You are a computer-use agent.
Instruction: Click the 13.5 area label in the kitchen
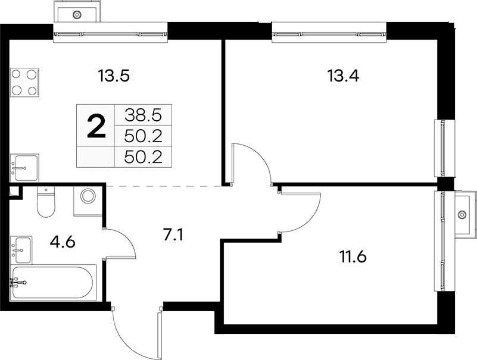point(114,76)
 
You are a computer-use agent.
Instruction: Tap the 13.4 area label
point(343,76)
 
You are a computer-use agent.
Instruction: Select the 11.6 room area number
point(353,257)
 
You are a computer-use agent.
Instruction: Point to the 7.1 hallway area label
point(173,235)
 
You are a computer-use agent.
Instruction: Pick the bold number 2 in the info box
point(96,128)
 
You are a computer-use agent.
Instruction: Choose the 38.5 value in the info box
point(143,115)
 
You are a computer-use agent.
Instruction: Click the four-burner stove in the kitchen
point(24,83)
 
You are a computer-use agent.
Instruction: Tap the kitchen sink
point(24,168)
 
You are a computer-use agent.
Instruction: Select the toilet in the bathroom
point(46,202)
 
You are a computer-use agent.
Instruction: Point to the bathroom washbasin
point(21,250)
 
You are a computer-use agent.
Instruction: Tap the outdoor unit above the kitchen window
point(77,11)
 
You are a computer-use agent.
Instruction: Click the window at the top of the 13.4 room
point(329,32)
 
